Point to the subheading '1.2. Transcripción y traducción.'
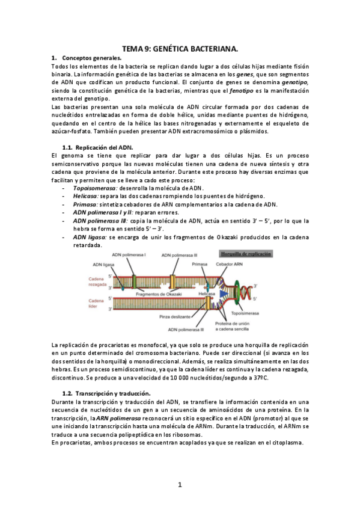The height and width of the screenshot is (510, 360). (x=106, y=393)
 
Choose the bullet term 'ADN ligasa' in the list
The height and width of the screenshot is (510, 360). (x=89, y=237)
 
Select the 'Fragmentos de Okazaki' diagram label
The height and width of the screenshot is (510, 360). (x=160, y=293)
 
